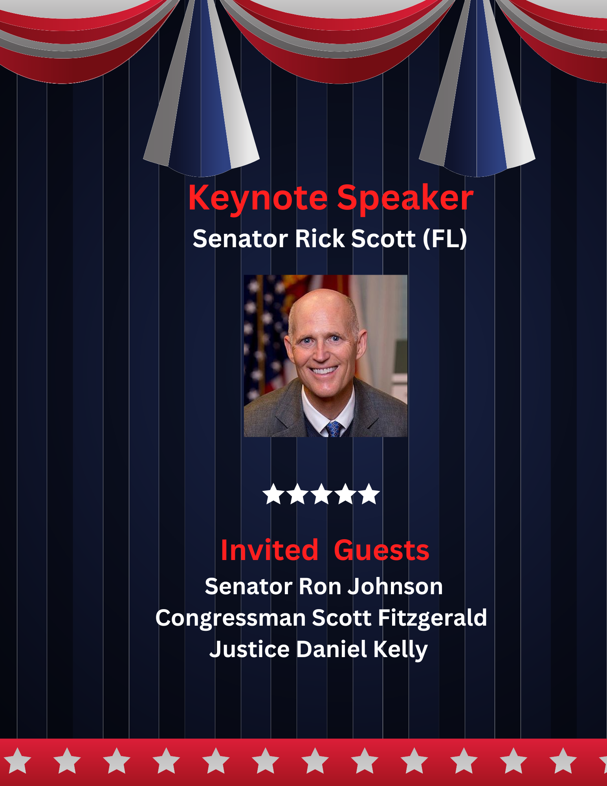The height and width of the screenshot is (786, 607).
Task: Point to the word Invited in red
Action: tap(270, 550)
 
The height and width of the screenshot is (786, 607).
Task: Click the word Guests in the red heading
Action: tap(381, 550)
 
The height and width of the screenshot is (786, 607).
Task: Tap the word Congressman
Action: tap(231, 618)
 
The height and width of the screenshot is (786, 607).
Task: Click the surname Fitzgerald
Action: tap(433, 618)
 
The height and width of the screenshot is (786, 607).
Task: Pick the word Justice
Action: tap(249, 649)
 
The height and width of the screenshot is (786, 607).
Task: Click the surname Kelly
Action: tap(400, 650)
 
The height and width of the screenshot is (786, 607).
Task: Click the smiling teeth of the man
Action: tap(324, 370)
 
